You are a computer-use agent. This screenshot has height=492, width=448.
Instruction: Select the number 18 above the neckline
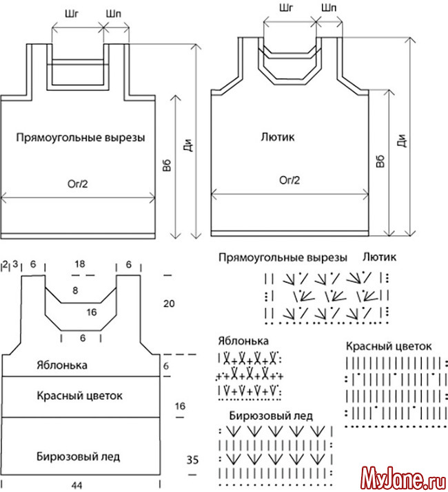tap(81, 264)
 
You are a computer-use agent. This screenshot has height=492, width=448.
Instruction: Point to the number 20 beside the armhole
tap(168, 303)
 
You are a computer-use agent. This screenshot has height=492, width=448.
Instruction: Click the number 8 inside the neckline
tap(74, 291)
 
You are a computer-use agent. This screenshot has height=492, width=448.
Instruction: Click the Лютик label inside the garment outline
tap(278, 137)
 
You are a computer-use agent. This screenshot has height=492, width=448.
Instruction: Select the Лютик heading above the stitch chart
tap(379, 258)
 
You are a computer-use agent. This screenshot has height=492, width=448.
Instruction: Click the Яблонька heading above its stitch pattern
tap(243, 341)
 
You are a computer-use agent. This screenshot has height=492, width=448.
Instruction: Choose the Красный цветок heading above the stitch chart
tap(388, 346)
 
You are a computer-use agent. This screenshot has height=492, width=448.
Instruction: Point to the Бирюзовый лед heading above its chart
tap(271, 416)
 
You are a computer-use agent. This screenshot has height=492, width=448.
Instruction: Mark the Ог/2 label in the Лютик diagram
tap(289, 180)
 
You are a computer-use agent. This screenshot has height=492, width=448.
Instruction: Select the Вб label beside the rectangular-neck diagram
tap(167, 165)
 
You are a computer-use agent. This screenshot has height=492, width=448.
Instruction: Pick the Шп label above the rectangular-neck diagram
tap(114, 14)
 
